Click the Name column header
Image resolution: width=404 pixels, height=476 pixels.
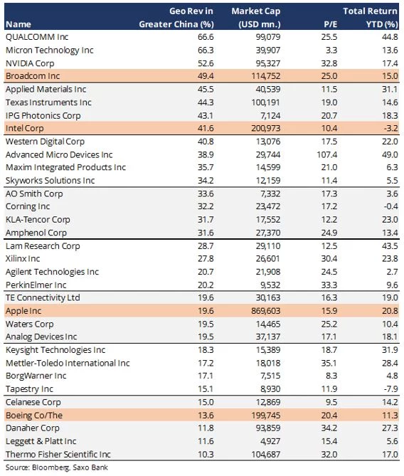tap(18, 24)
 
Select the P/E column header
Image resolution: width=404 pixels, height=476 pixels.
tap(330, 24)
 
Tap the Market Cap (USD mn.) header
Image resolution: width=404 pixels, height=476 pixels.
tap(256, 18)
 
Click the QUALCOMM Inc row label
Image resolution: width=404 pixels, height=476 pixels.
tap(37, 37)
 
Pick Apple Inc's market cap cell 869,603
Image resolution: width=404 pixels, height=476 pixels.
tap(265, 311)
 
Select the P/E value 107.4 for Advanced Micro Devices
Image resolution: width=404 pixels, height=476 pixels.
tap(327, 154)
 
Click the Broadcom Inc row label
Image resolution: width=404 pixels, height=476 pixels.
tap(33, 76)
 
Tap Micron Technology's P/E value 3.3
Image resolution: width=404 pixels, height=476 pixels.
tap(331, 50)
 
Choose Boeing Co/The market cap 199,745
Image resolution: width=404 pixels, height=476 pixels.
tap(265, 416)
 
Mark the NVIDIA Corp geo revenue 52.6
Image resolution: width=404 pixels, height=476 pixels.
tap(206, 63)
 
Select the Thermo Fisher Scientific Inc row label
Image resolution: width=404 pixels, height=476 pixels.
tap(58, 455)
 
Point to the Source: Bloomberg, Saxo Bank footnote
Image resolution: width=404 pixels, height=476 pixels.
tap(56, 467)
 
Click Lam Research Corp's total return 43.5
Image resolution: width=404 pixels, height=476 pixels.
tap(390, 246)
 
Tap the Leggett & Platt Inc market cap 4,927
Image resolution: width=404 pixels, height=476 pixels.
tap(270, 441)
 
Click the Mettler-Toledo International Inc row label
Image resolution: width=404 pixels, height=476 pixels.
tap(68, 363)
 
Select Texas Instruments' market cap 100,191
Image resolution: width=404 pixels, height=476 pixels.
tap(265, 102)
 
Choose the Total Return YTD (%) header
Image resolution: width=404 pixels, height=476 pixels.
tap(371, 18)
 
